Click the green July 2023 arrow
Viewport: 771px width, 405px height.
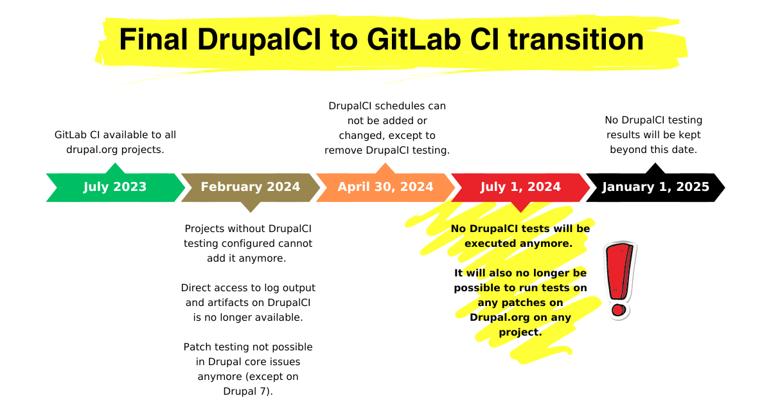click(x=115, y=187)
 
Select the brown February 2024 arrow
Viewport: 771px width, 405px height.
click(x=251, y=188)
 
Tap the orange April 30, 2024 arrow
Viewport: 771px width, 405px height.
click(x=385, y=187)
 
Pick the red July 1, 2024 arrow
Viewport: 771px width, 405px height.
click(x=520, y=188)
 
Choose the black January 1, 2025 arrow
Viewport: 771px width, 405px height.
click(x=655, y=187)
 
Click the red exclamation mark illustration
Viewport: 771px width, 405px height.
click(x=619, y=281)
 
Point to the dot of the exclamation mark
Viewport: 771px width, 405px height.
click(x=618, y=310)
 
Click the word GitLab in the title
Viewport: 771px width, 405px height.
click(x=413, y=39)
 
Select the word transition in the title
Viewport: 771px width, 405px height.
click(x=576, y=39)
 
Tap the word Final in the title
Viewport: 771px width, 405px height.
click(x=153, y=39)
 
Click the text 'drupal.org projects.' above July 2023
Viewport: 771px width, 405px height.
click(x=115, y=150)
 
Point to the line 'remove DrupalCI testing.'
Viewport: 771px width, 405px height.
click(x=387, y=150)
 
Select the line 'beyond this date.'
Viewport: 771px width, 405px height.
click(x=653, y=150)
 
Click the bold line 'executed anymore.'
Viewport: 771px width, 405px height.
click(x=518, y=244)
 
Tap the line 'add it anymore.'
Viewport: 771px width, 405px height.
click(x=247, y=258)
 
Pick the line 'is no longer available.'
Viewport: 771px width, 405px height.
click(x=248, y=318)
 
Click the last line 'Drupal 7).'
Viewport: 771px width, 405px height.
click(x=248, y=392)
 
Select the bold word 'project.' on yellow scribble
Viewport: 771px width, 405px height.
click(x=520, y=332)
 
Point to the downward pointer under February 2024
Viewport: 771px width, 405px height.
click(x=251, y=207)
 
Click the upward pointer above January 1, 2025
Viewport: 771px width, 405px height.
click(x=655, y=168)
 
